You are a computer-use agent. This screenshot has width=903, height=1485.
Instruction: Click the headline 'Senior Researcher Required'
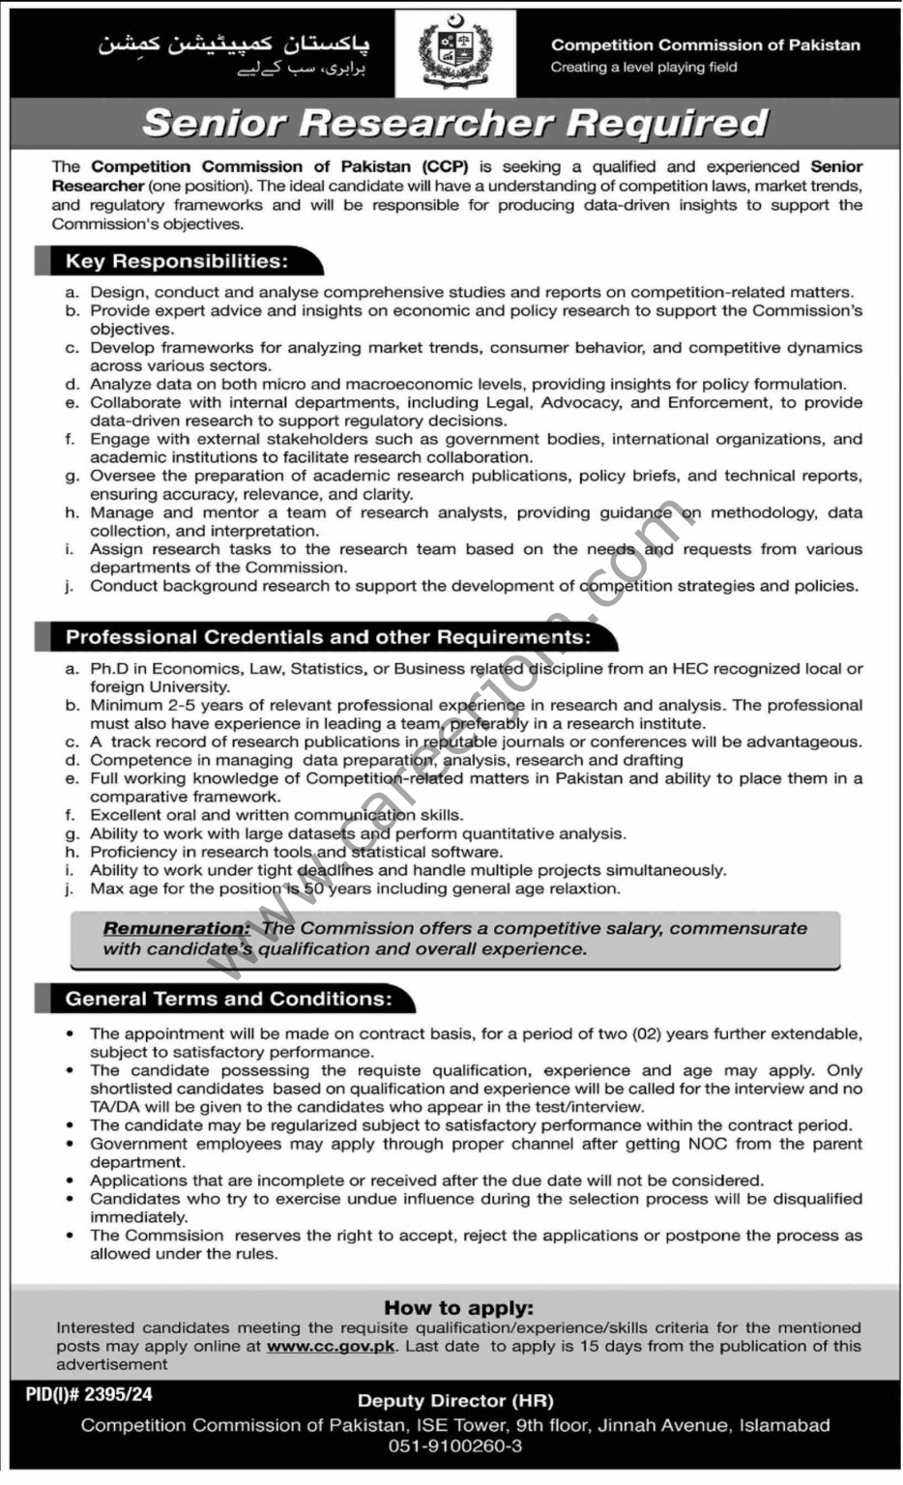click(x=454, y=123)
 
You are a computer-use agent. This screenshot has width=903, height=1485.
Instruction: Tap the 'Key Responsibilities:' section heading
click(x=177, y=261)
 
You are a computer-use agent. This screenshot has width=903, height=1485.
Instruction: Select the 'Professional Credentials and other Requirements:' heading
click(x=328, y=637)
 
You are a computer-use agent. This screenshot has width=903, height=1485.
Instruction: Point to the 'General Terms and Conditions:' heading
click(x=229, y=999)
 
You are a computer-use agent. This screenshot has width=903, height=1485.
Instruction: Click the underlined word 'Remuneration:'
click(x=177, y=928)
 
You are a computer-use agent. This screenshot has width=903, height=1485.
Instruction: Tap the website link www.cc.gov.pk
click(x=331, y=1346)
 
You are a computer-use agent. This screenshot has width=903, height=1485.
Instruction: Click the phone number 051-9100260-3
click(x=455, y=1446)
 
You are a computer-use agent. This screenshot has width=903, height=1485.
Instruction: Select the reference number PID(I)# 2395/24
click(x=89, y=1395)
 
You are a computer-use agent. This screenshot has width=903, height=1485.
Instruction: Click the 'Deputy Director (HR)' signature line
click(x=455, y=1401)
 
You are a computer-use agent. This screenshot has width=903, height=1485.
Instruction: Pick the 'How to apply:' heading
click(x=458, y=1308)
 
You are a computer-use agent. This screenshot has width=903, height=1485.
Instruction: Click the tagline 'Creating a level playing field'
click(x=644, y=68)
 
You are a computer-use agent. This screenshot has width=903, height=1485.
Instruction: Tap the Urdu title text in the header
click(x=233, y=45)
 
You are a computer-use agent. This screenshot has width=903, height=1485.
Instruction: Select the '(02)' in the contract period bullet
click(x=647, y=1034)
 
